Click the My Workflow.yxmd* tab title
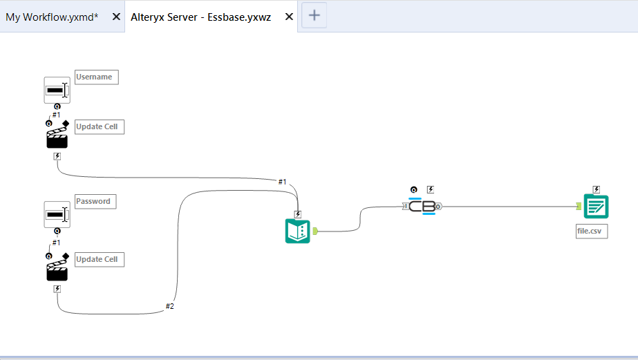(52, 17)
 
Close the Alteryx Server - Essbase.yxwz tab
(289, 17)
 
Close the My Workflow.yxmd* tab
(116, 17)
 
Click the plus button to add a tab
(314, 15)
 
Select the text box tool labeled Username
(57, 90)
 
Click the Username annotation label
(97, 77)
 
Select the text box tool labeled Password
(57, 214)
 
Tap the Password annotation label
(95, 201)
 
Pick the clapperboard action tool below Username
(57, 137)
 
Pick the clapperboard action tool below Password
(57, 269)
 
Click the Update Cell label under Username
(100, 127)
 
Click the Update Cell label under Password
(100, 260)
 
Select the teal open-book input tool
(297, 231)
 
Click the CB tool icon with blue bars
(422, 206)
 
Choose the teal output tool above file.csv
(596, 207)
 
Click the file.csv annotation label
(592, 231)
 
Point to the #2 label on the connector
(169, 306)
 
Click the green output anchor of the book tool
(315, 231)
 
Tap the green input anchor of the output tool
(579, 207)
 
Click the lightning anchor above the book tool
(298, 214)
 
